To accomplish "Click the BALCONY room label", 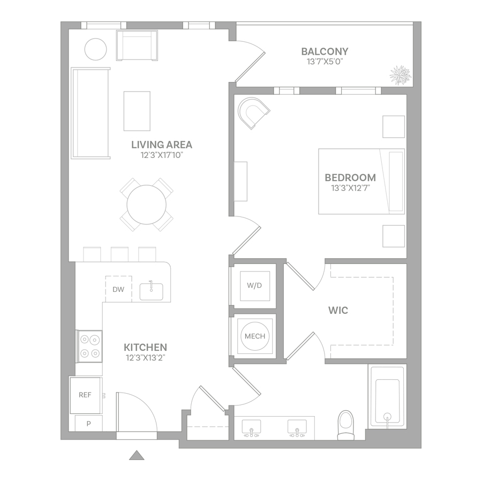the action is coord(325,51).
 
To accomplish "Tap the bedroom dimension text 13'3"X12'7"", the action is coord(350,188).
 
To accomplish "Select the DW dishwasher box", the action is coord(119,289).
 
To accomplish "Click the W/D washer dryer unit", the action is coord(255,285).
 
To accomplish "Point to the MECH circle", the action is coord(255,336).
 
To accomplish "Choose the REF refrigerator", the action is coord(85,395).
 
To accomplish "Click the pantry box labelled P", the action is coord(88,424).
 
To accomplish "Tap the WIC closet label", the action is coord(338,310).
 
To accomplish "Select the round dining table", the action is coord(147,205).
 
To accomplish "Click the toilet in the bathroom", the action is coord(346,425).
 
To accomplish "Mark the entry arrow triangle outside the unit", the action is coord(137,455).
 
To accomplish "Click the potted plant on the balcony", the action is coord(400,75).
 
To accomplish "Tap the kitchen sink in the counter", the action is coord(151,291).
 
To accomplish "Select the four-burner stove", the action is coord(89,346).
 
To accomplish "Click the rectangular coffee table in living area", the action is coord(137,111).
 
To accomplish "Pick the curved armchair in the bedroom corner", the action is coord(253,113).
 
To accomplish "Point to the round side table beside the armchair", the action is coord(96,49).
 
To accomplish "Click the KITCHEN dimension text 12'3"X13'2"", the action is coord(145,358).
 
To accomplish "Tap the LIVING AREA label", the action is coord(162,145).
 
